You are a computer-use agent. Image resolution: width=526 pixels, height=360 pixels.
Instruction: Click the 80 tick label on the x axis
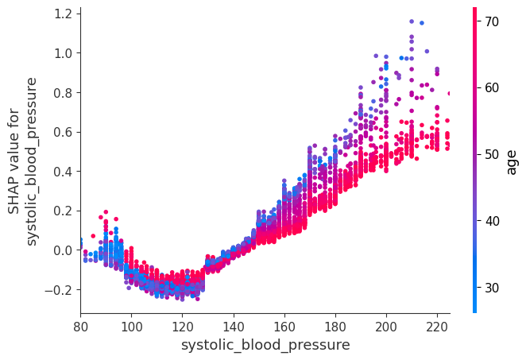80,326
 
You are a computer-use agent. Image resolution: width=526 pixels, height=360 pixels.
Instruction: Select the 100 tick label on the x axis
131,326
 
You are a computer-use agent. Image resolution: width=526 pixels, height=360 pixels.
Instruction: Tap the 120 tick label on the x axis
182,326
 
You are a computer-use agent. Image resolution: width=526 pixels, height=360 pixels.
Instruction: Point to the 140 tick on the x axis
234,326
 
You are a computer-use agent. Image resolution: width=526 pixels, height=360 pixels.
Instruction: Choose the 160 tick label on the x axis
284,326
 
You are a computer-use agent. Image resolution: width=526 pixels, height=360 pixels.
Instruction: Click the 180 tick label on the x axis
335,326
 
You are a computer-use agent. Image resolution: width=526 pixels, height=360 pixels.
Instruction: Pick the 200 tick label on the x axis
386,326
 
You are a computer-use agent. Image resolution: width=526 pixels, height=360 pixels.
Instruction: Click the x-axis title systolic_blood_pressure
265,345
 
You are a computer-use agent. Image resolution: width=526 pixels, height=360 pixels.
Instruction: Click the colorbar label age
512,161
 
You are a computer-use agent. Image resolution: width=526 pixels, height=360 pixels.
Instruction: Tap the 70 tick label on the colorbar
491,21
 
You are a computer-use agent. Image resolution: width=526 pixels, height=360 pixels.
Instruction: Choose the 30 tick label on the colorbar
491,288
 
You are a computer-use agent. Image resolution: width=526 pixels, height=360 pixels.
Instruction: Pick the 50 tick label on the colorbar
491,154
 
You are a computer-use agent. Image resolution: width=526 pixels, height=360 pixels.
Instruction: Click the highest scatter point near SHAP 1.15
412,21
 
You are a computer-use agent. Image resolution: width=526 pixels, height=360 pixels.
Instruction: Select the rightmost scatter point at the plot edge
449,93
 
